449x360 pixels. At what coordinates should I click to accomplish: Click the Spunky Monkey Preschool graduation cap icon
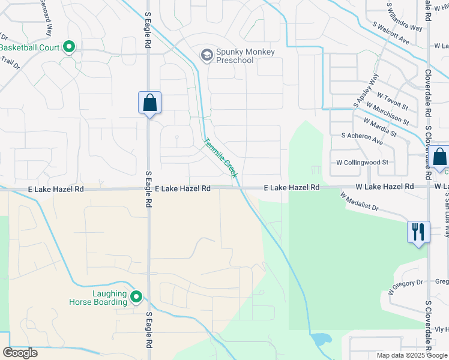click(x=207, y=56)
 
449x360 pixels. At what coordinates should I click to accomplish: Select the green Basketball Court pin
click(x=69, y=46)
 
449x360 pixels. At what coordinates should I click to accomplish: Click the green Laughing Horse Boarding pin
click(x=136, y=296)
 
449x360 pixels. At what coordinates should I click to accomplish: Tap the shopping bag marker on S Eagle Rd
click(x=149, y=103)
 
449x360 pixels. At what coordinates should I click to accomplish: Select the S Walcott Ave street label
click(x=390, y=34)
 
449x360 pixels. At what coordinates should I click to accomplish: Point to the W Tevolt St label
click(x=392, y=102)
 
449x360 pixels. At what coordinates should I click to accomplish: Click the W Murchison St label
click(x=384, y=116)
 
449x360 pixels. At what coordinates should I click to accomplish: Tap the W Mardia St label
click(x=379, y=127)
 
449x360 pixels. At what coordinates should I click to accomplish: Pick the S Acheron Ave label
click(x=362, y=139)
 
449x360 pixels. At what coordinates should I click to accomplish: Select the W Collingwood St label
click(x=362, y=162)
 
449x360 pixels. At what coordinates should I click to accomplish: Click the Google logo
click(x=20, y=352)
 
